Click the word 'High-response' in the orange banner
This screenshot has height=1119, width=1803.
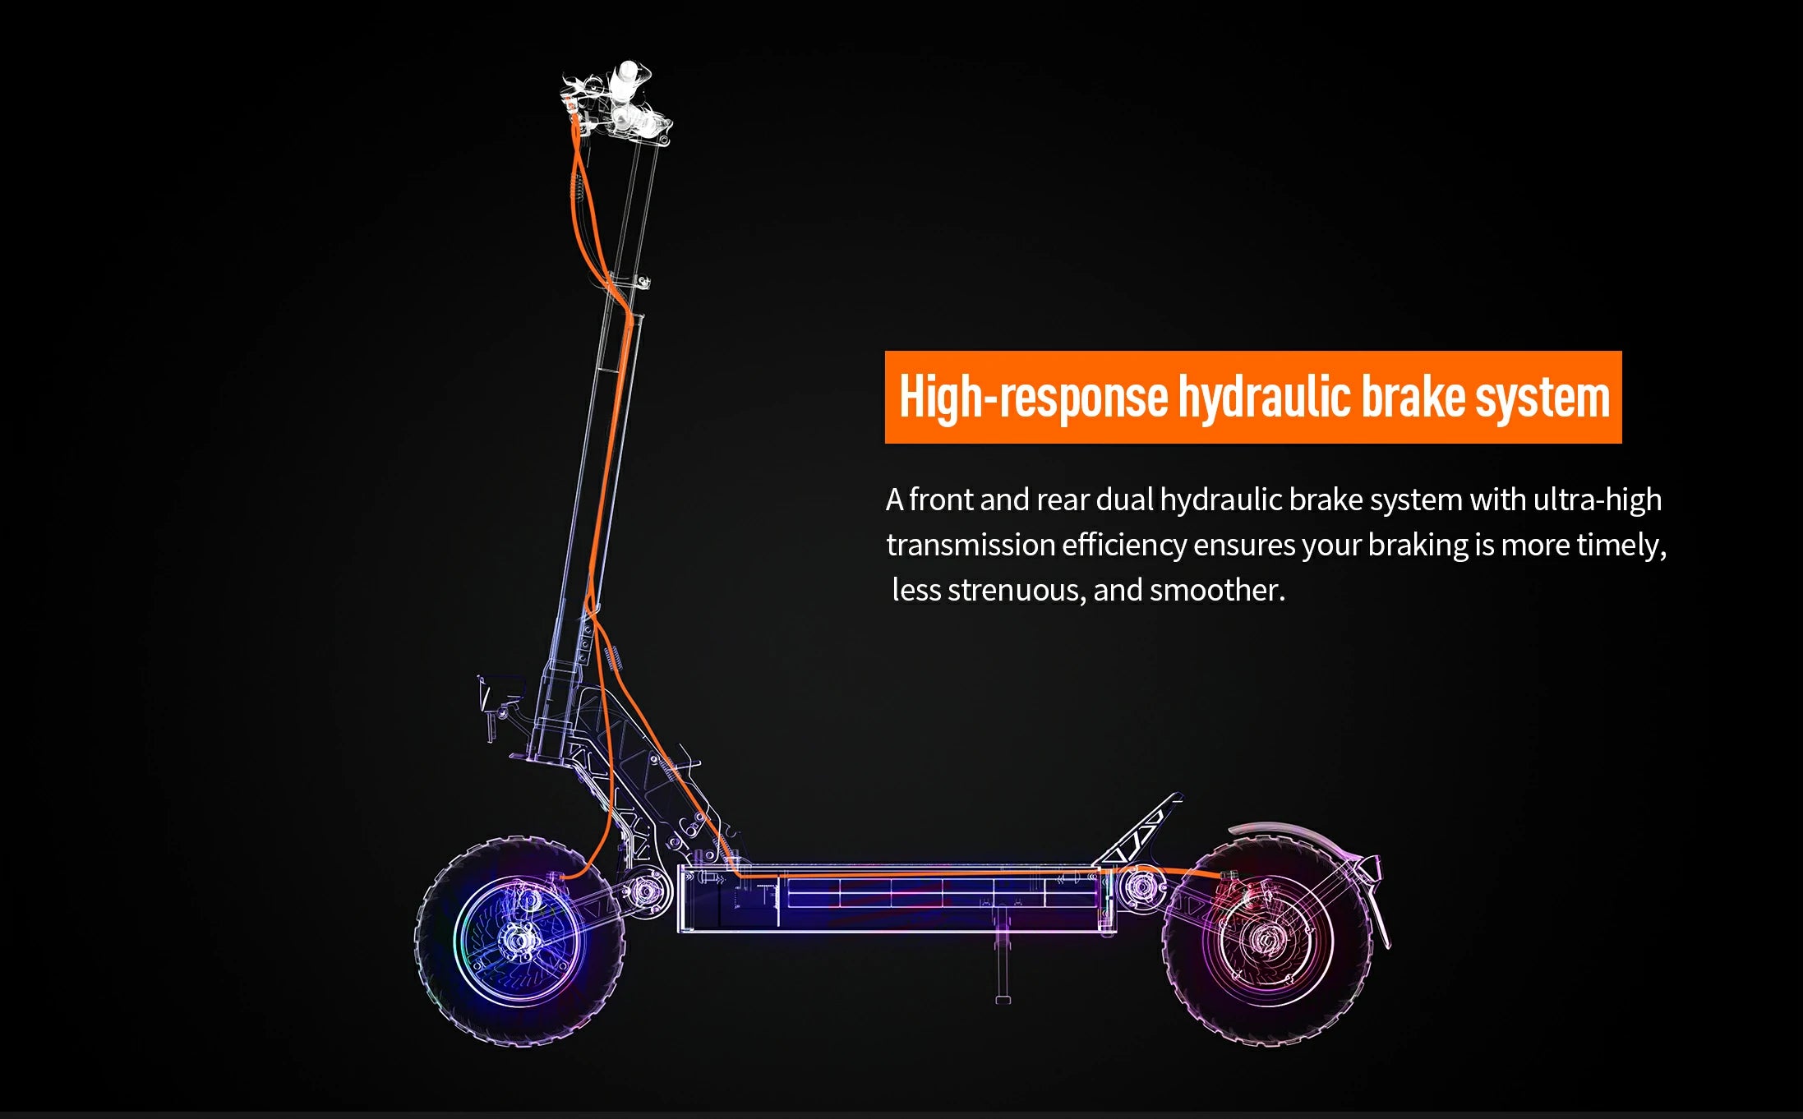tap(1033, 397)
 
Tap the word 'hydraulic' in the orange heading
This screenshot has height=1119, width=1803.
tap(1265, 397)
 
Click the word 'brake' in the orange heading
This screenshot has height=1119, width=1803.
tap(1413, 397)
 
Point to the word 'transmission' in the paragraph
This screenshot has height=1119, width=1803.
tap(971, 545)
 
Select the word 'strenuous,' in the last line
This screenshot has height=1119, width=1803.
tap(1017, 591)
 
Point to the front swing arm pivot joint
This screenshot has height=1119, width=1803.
tap(645, 891)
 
